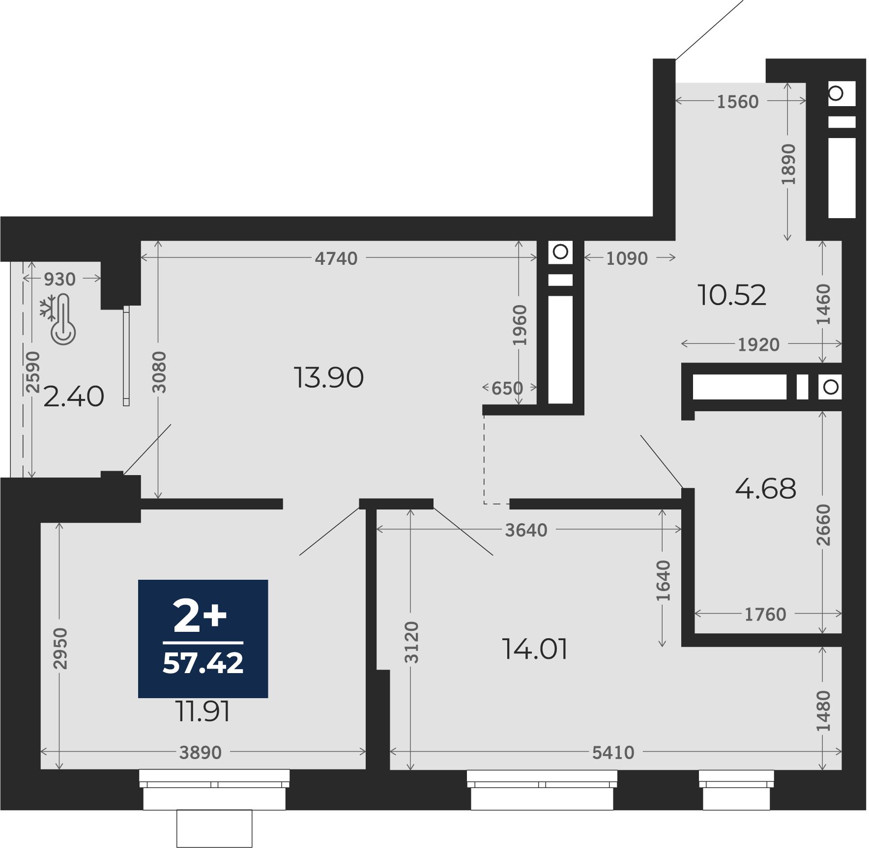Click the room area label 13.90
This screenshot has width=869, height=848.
coord(329,378)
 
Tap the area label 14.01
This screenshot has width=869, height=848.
coord(535,649)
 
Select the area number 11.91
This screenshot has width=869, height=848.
coord(203,711)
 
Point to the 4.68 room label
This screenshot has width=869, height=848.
coord(765,489)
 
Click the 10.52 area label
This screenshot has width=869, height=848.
coord(732,295)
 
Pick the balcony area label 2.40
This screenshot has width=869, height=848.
coord(74,396)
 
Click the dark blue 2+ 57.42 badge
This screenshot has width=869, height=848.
coord(203,639)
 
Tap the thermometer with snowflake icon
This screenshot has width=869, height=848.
coord(58,319)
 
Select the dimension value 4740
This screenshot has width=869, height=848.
coord(336,258)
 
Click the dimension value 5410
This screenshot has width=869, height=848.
coord(613,753)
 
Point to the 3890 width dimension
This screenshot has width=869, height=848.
coord(200,753)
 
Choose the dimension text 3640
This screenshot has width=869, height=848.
coord(526,530)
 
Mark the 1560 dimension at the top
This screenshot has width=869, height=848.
coord(738,102)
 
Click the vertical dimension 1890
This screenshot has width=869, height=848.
coord(788,165)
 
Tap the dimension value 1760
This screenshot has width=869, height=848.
coord(765,615)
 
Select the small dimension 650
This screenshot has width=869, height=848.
coord(507,389)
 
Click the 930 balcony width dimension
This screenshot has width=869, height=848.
coord(59,280)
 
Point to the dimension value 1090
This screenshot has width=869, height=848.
coord(627,258)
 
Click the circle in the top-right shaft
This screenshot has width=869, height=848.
coord(836,93)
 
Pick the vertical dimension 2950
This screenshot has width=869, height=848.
coord(60,649)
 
